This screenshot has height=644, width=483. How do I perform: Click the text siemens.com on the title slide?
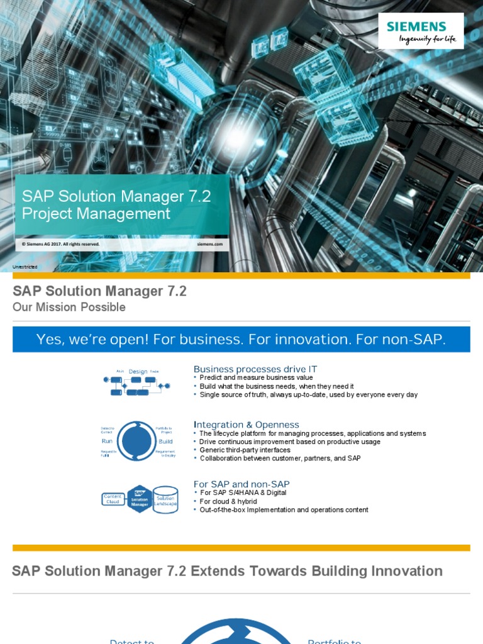(x=210, y=244)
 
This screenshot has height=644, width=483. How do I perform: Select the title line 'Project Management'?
(x=96, y=214)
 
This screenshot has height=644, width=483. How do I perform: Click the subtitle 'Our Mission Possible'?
(x=69, y=307)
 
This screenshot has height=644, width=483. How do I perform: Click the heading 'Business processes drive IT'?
(x=255, y=369)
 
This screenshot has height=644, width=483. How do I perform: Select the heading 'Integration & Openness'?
(x=247, y=425)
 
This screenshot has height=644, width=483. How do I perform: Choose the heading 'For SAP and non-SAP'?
(x=241, y=484)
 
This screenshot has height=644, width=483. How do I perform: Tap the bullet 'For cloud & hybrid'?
(x=228, y=501)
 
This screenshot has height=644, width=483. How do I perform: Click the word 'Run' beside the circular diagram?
(x=107, y=441)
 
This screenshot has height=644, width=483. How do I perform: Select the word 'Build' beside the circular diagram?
(x=165, y=441)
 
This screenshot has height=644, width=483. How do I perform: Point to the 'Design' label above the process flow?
(x=138, y=372)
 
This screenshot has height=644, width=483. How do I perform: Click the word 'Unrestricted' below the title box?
(x=25, y=267)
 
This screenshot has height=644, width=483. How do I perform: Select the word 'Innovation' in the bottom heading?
(x=402, y=571)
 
